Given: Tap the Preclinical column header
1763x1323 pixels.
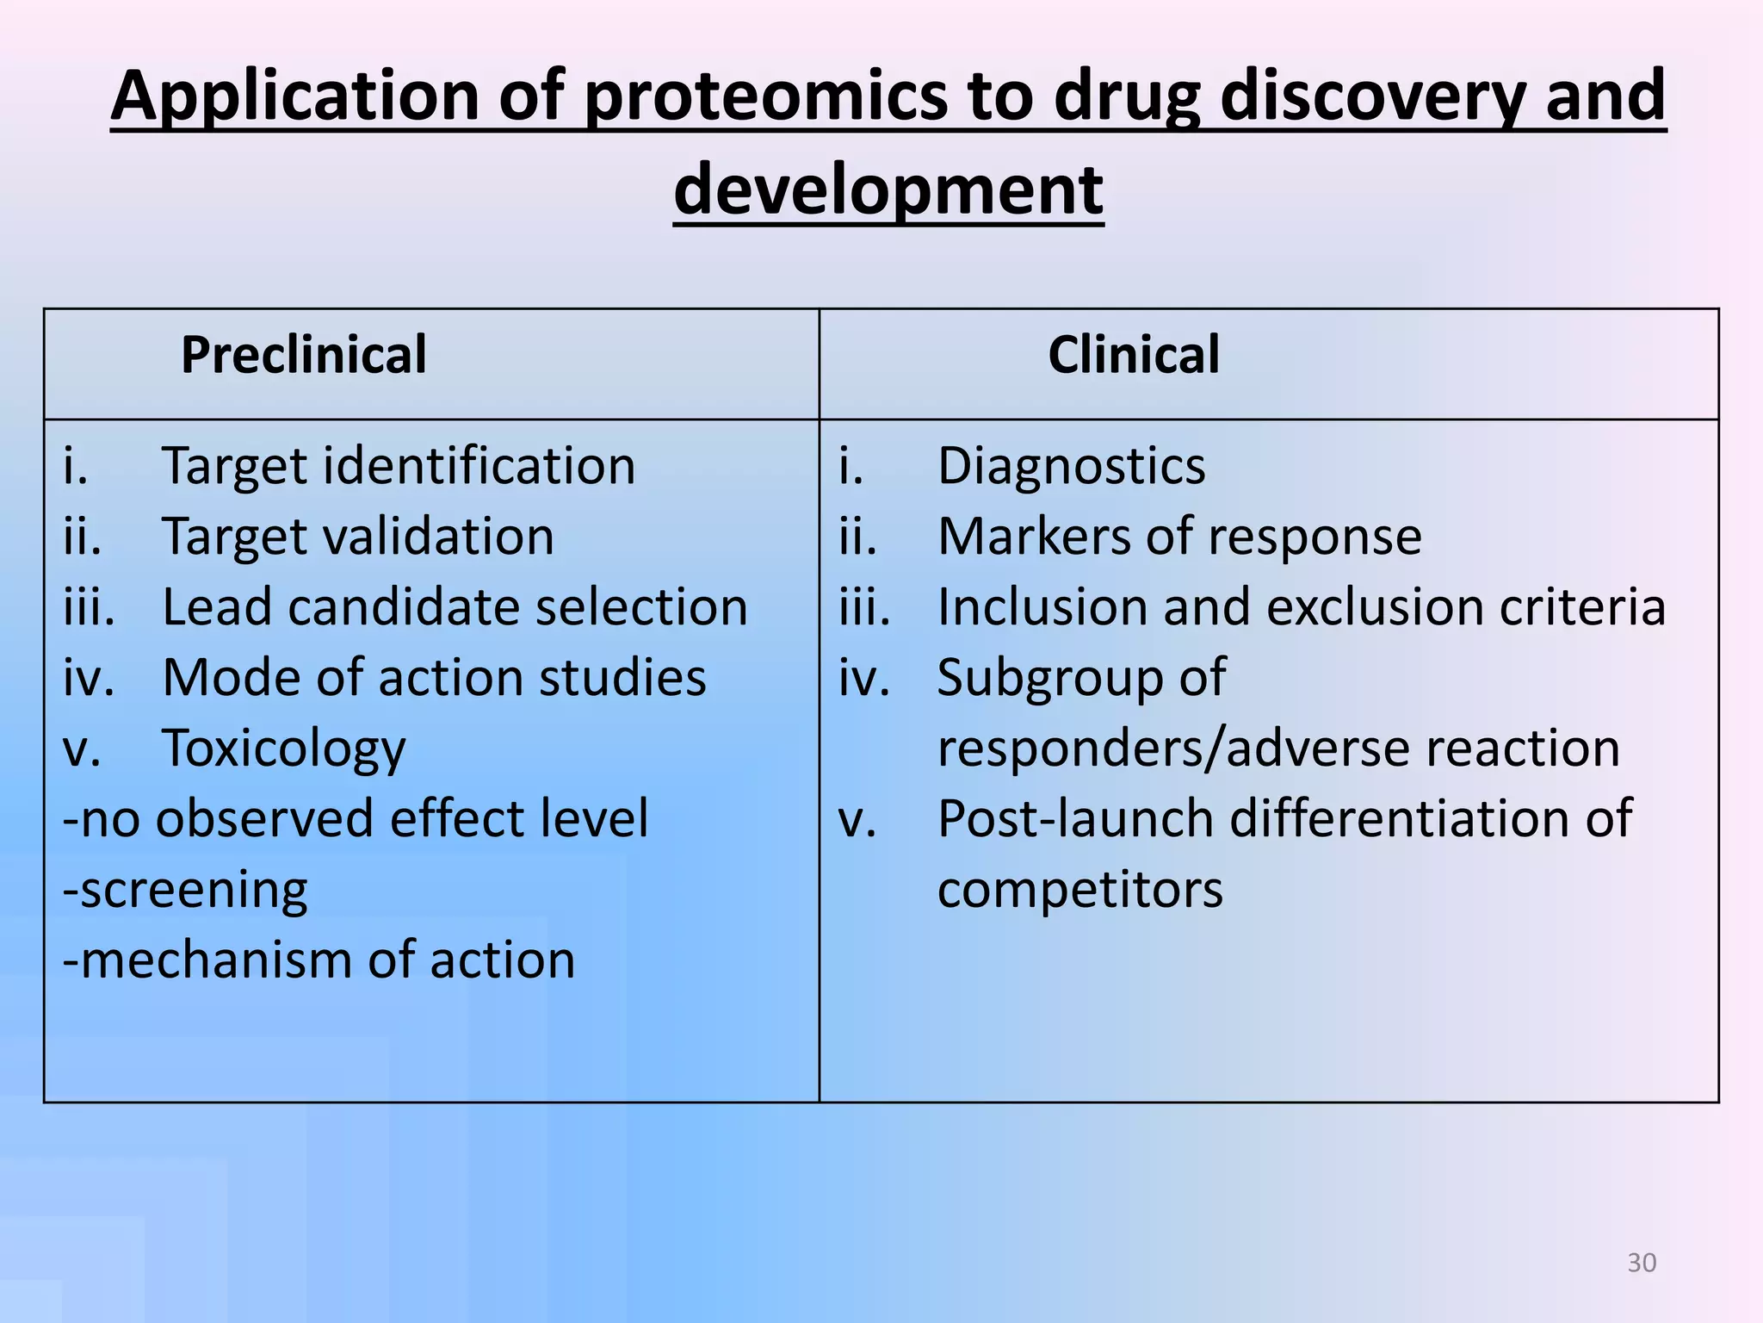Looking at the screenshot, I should tap(303, 355).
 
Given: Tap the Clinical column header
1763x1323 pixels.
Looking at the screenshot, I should tap(1133, 355).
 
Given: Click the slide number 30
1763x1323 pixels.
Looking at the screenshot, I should tap(1642, 1263).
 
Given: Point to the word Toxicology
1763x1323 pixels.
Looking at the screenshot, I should tap(283, 748).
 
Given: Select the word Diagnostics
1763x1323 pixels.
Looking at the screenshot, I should tap(1071, 467).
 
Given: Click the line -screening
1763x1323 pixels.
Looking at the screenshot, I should tap(185, 890).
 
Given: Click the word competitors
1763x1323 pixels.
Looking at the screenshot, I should tap(1079, 890).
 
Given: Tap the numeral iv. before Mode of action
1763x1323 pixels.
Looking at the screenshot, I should tap(89, 679).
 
